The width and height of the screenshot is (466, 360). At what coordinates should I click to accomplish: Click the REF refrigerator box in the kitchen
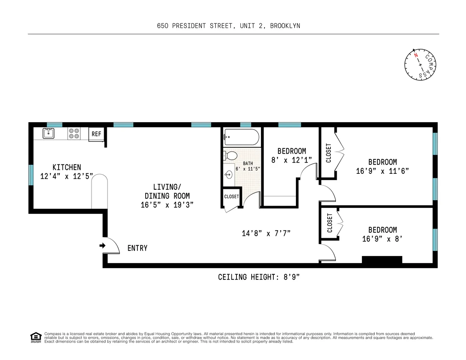tap(96, 134)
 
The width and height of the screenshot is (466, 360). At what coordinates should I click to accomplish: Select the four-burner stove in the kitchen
tap(74, 133)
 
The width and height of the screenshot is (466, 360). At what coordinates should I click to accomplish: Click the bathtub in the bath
tap(241, 137)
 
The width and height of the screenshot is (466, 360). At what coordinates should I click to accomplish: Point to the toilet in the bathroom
tap(231, 156)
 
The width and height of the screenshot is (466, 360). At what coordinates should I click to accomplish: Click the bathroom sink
tap(229, 174)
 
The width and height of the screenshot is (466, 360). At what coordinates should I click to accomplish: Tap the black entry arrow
tap(102, 246)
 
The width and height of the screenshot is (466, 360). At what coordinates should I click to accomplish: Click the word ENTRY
tap(137, 248)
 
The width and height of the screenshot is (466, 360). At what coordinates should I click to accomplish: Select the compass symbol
tap(421, 65)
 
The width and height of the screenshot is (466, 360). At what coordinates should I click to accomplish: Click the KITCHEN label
tap(67, 167)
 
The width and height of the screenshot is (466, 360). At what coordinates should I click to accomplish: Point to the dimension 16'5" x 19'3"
tap(167, 205)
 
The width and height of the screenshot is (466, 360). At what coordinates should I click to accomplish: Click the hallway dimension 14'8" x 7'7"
tap(266, 233)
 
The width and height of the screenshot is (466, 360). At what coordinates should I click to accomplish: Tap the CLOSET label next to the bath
tap(231, 197)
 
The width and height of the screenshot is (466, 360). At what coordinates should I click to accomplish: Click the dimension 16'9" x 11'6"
tap(383, 171)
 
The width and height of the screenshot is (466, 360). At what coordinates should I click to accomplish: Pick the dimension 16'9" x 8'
tap(383, 239)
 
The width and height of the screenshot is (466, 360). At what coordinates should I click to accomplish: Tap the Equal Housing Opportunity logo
tap(36, 337)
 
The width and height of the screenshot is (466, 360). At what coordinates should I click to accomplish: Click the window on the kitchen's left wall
tap(31, 175)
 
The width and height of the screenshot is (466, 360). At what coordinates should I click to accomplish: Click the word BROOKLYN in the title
tap(285, 26)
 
